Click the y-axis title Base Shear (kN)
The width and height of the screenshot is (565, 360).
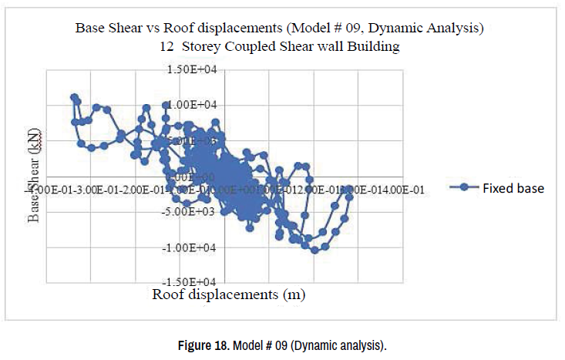point(35,176)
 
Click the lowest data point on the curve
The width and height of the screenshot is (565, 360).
point(314,250)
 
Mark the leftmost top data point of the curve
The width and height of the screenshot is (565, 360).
point(74,98)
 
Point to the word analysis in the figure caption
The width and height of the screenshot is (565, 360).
point(362,345)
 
